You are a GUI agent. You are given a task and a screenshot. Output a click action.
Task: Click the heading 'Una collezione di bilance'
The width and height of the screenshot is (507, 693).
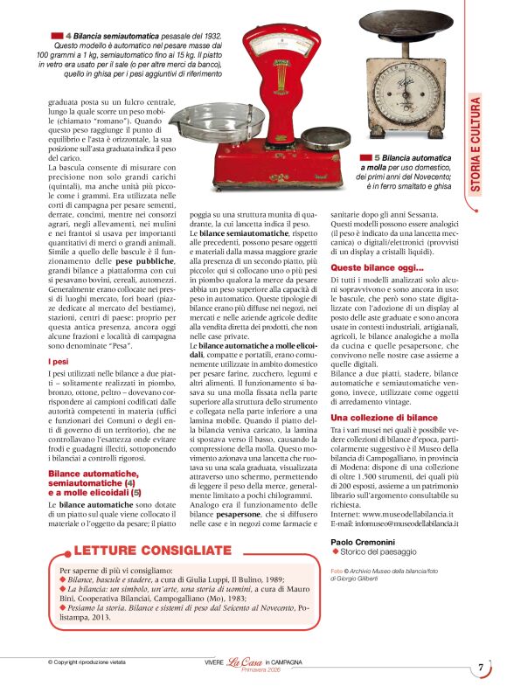pyautogui.click(x=384, y=419)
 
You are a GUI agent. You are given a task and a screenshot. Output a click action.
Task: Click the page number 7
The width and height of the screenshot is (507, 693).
pyautogui.click(x=480, y=669)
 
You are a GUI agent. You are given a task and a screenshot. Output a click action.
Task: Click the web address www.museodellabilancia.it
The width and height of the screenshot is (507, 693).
pyautogui.click(x=410, y=515)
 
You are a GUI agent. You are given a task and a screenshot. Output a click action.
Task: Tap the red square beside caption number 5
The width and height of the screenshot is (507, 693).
pyautogui.click(x=365, y=157)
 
